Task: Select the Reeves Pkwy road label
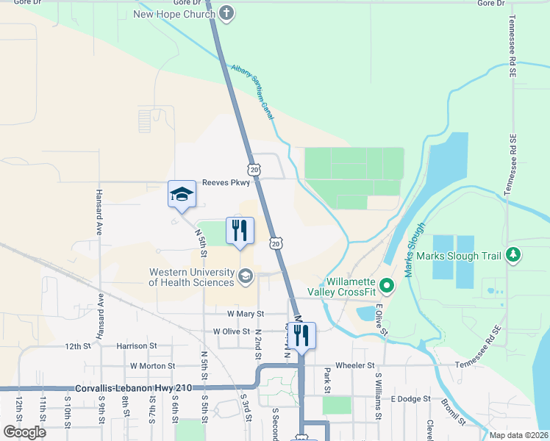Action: (226, 183)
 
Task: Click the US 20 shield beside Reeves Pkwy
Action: (254, 170)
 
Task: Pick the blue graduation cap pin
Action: (182, 195)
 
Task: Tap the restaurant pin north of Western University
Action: (239, 231)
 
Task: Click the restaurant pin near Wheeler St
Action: (301, 336)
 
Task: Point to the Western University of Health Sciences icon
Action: (246, 277)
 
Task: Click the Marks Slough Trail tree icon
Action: (513, 255)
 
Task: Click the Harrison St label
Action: (136, 345)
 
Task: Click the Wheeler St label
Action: (355, 365)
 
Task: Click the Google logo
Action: (25, 431)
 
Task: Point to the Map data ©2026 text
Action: (518, 435)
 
